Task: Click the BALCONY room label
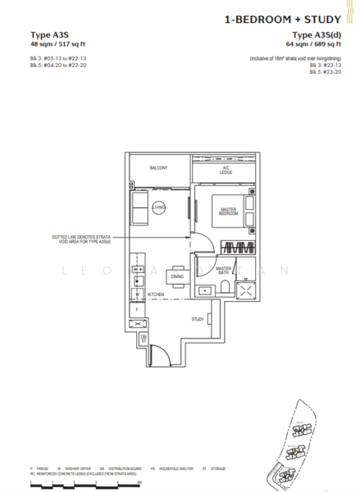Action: (x=158, y=168)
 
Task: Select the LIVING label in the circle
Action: (x=158, y=208)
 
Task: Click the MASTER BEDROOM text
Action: (x=229, y=212)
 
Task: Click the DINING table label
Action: (x=178, y=276)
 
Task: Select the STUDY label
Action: (x=197, y=319)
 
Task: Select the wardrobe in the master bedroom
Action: (x=241, y=249)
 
